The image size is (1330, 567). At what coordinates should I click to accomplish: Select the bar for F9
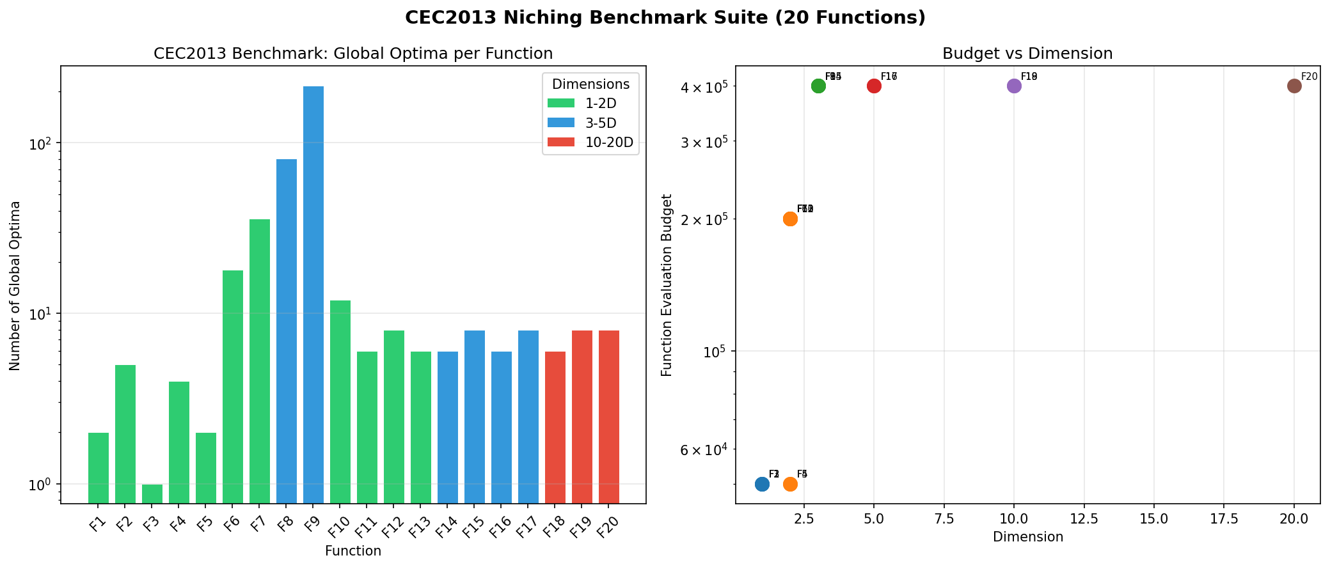click(x=313, y=294)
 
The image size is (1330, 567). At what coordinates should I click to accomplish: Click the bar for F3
click(x=152, y=493)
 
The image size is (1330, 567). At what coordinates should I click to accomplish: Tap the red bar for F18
click(x=555, y=427)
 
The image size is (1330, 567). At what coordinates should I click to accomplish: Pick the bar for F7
click(x=260, y=361)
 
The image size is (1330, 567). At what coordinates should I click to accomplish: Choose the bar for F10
click(x=340, y=401)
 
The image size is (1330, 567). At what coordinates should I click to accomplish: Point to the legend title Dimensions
click(x=590, y=84)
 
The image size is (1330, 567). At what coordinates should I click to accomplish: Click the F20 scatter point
click(x=1294, y=86)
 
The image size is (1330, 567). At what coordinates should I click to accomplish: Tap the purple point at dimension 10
click(x=1014, y=86)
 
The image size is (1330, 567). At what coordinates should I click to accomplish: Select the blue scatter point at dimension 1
click(x=762, y=484)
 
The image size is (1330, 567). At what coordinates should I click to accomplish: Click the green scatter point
click(x=818, y=86)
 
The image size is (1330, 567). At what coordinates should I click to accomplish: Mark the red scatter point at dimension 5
click(x=874, y=86)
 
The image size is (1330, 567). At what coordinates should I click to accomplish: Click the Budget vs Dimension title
click(x=1027, y=54)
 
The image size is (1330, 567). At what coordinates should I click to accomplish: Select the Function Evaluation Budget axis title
click(x=667, y=285)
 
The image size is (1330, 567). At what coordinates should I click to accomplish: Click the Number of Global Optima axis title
click(x=15, y=285)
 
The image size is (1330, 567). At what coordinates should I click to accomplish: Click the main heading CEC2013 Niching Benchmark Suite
click(x=665, y=17)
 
